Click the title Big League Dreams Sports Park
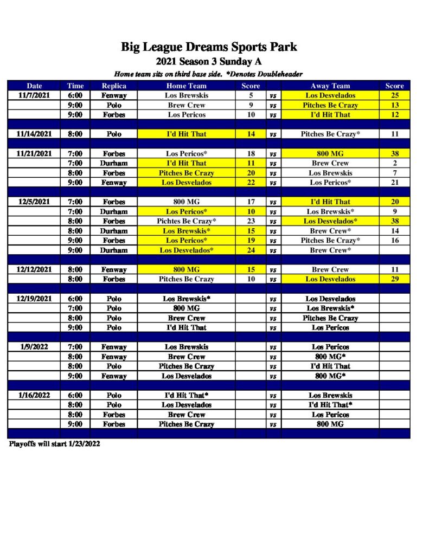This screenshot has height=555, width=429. [x=209, y=47]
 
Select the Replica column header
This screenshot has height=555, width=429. [x=114, y=86]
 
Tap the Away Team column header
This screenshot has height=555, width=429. [x=330, y=86]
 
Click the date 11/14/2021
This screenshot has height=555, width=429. [x=34, y=134]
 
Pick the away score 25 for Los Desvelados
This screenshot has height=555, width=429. [x=394, y=95]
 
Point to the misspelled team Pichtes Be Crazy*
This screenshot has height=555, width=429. [x=186, y=221]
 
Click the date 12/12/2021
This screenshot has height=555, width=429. [x=34, y=269]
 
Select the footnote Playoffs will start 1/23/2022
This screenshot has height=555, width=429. [x=54, y=443]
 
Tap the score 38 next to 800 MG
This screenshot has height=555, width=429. [x=394, y=153]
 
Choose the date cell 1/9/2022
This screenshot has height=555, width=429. [x=34, y=347]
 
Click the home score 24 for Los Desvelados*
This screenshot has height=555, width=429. [x=251, y=250]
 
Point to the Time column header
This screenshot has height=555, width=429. [x=75, y=86]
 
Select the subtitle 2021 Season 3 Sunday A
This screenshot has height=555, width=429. [x=209, y=61]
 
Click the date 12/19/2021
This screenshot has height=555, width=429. [x=34, y=299]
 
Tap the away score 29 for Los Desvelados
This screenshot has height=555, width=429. [x=394, y=279]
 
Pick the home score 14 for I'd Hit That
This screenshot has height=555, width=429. [x=251, y=134]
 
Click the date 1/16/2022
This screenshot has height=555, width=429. [x=34, y=395]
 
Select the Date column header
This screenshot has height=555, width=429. [x=34, y=86]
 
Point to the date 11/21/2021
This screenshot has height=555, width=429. [x=34, y=153]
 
